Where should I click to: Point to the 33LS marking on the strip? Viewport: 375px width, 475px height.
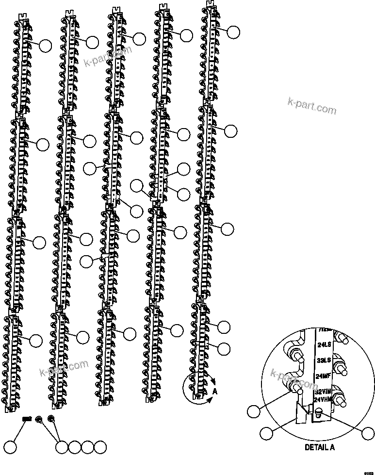point(323,360)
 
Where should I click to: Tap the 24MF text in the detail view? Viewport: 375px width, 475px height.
point(323,376)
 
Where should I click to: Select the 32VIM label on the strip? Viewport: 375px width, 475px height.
point(323,392)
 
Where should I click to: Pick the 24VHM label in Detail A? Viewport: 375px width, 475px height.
point(323,400)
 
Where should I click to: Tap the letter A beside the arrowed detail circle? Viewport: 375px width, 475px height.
point(215,391)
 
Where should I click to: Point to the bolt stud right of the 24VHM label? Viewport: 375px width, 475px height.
point(342,401)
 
